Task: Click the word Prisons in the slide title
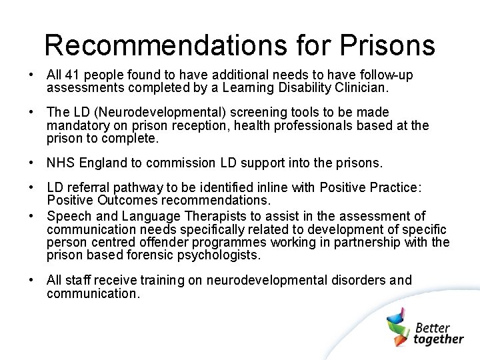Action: tap(387, 45)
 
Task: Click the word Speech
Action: tap(66, 216)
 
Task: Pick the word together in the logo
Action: tap(438, 339)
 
